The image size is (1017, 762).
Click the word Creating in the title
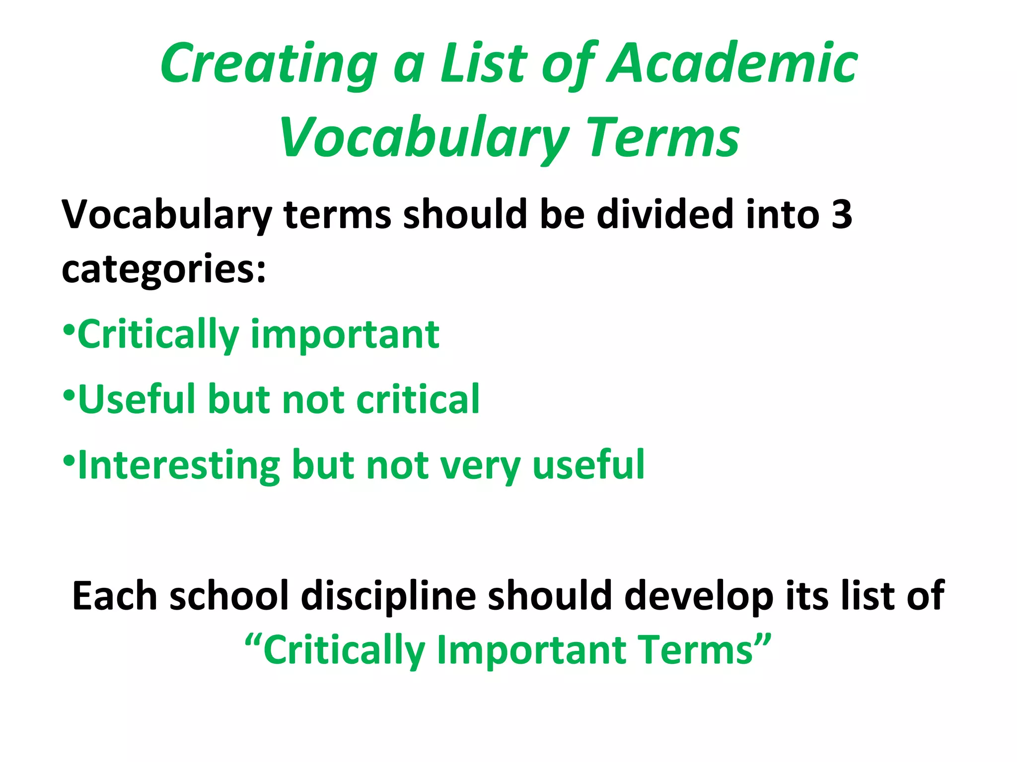tap(268, 64)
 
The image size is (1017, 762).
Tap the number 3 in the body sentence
tap(842, 215)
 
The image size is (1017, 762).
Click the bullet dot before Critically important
tap(69, 329)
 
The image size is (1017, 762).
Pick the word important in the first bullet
tap(345, 335)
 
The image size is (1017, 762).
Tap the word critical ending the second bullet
tap(418, 399)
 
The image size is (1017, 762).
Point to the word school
tap(229, 595)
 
